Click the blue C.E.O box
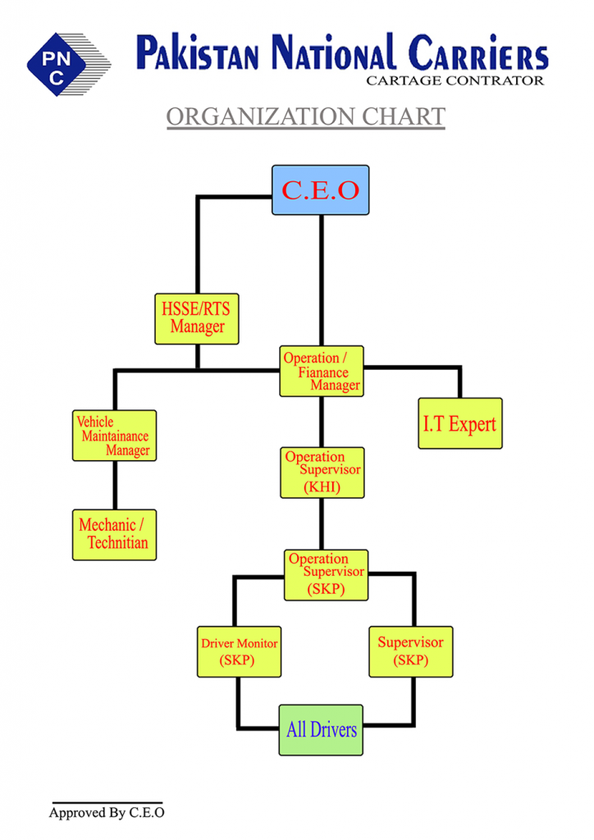pyautogui.click(x=320, y=189)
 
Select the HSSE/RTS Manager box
pyautogui.click(x=196, y=318)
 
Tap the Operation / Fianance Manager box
pyautogui.click(x=321, y=371)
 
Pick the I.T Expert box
pyautogui.click(x=459, y=423)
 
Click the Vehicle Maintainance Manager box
pyautogui.click(x=113, y=436)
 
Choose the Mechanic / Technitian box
pyautogui.click(x=113, y=533)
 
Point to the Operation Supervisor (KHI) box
pyautogui.click(x=321, y=472)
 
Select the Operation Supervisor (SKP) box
pyautogui.click(x=325, y=574)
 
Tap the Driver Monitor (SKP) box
pyautogui.click(x=239, y=651)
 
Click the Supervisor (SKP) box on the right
pyautogui.click(x=410, y=651)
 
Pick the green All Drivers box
pyautogui.click(x=321, y=729)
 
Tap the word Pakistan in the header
pyautogui.click(x=197, y=55)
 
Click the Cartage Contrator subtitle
pyautogui.click(x=454, y=80)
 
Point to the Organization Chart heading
pyautogui.click(x=305, y=116)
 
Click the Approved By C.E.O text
pyautogui.click(x=107, y=813)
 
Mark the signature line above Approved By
pyautogui.click(x=107, y=802)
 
